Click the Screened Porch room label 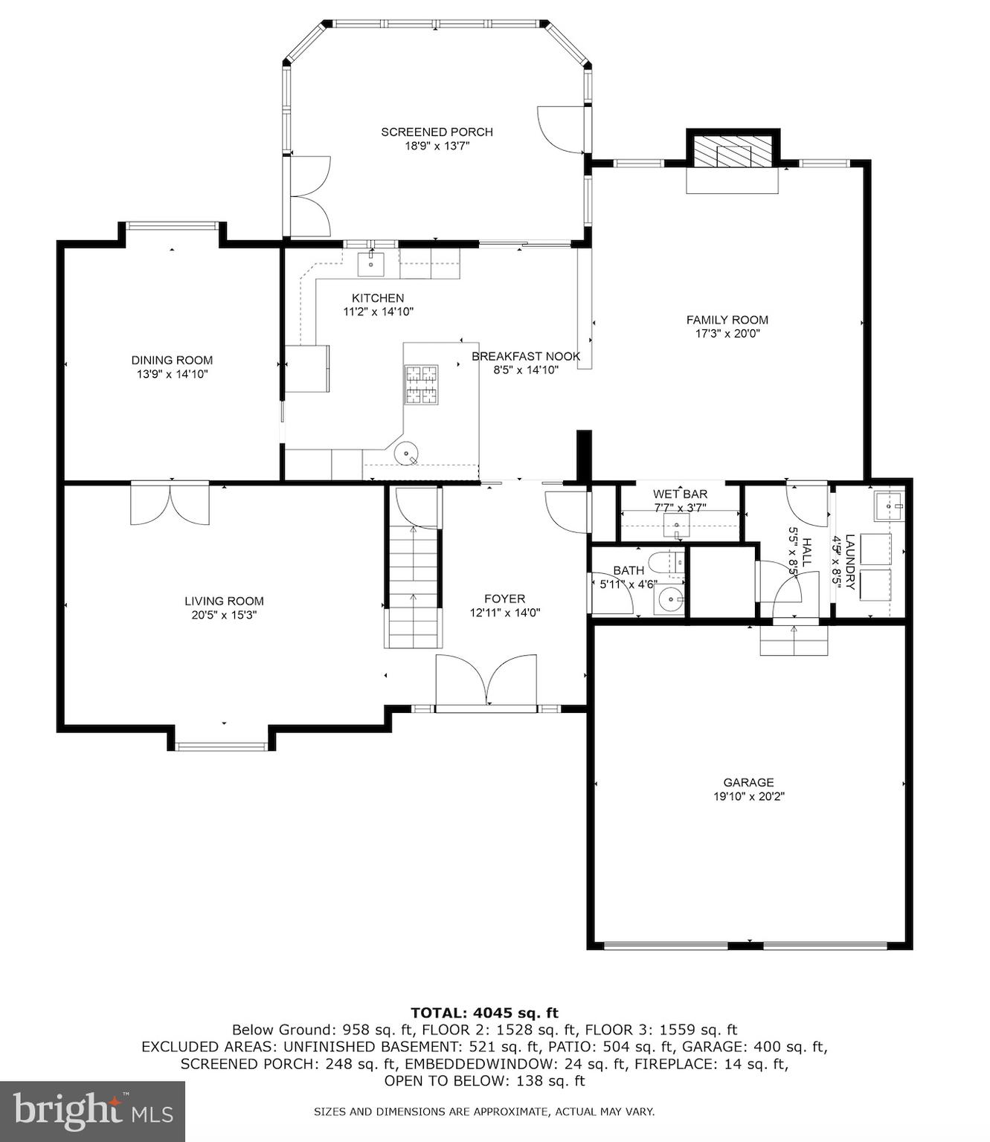[437, 132]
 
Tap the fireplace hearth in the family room [732, 180]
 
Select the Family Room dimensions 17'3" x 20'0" [727, 334]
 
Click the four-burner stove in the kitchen [421, 384]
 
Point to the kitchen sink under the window [370, 262]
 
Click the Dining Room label [172, 360]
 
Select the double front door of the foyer [486, 680]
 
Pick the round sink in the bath [671, 599]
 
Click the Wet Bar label [680, 494]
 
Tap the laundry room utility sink [888, 506]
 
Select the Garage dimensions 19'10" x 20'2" [748, 796]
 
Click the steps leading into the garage [794, 640]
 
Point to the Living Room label [224, 601]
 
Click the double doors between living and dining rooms [170, 504]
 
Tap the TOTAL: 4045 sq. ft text [484, 1012]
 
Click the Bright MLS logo [92, 1111]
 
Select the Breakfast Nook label [526, 356]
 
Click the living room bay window [221, 746]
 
